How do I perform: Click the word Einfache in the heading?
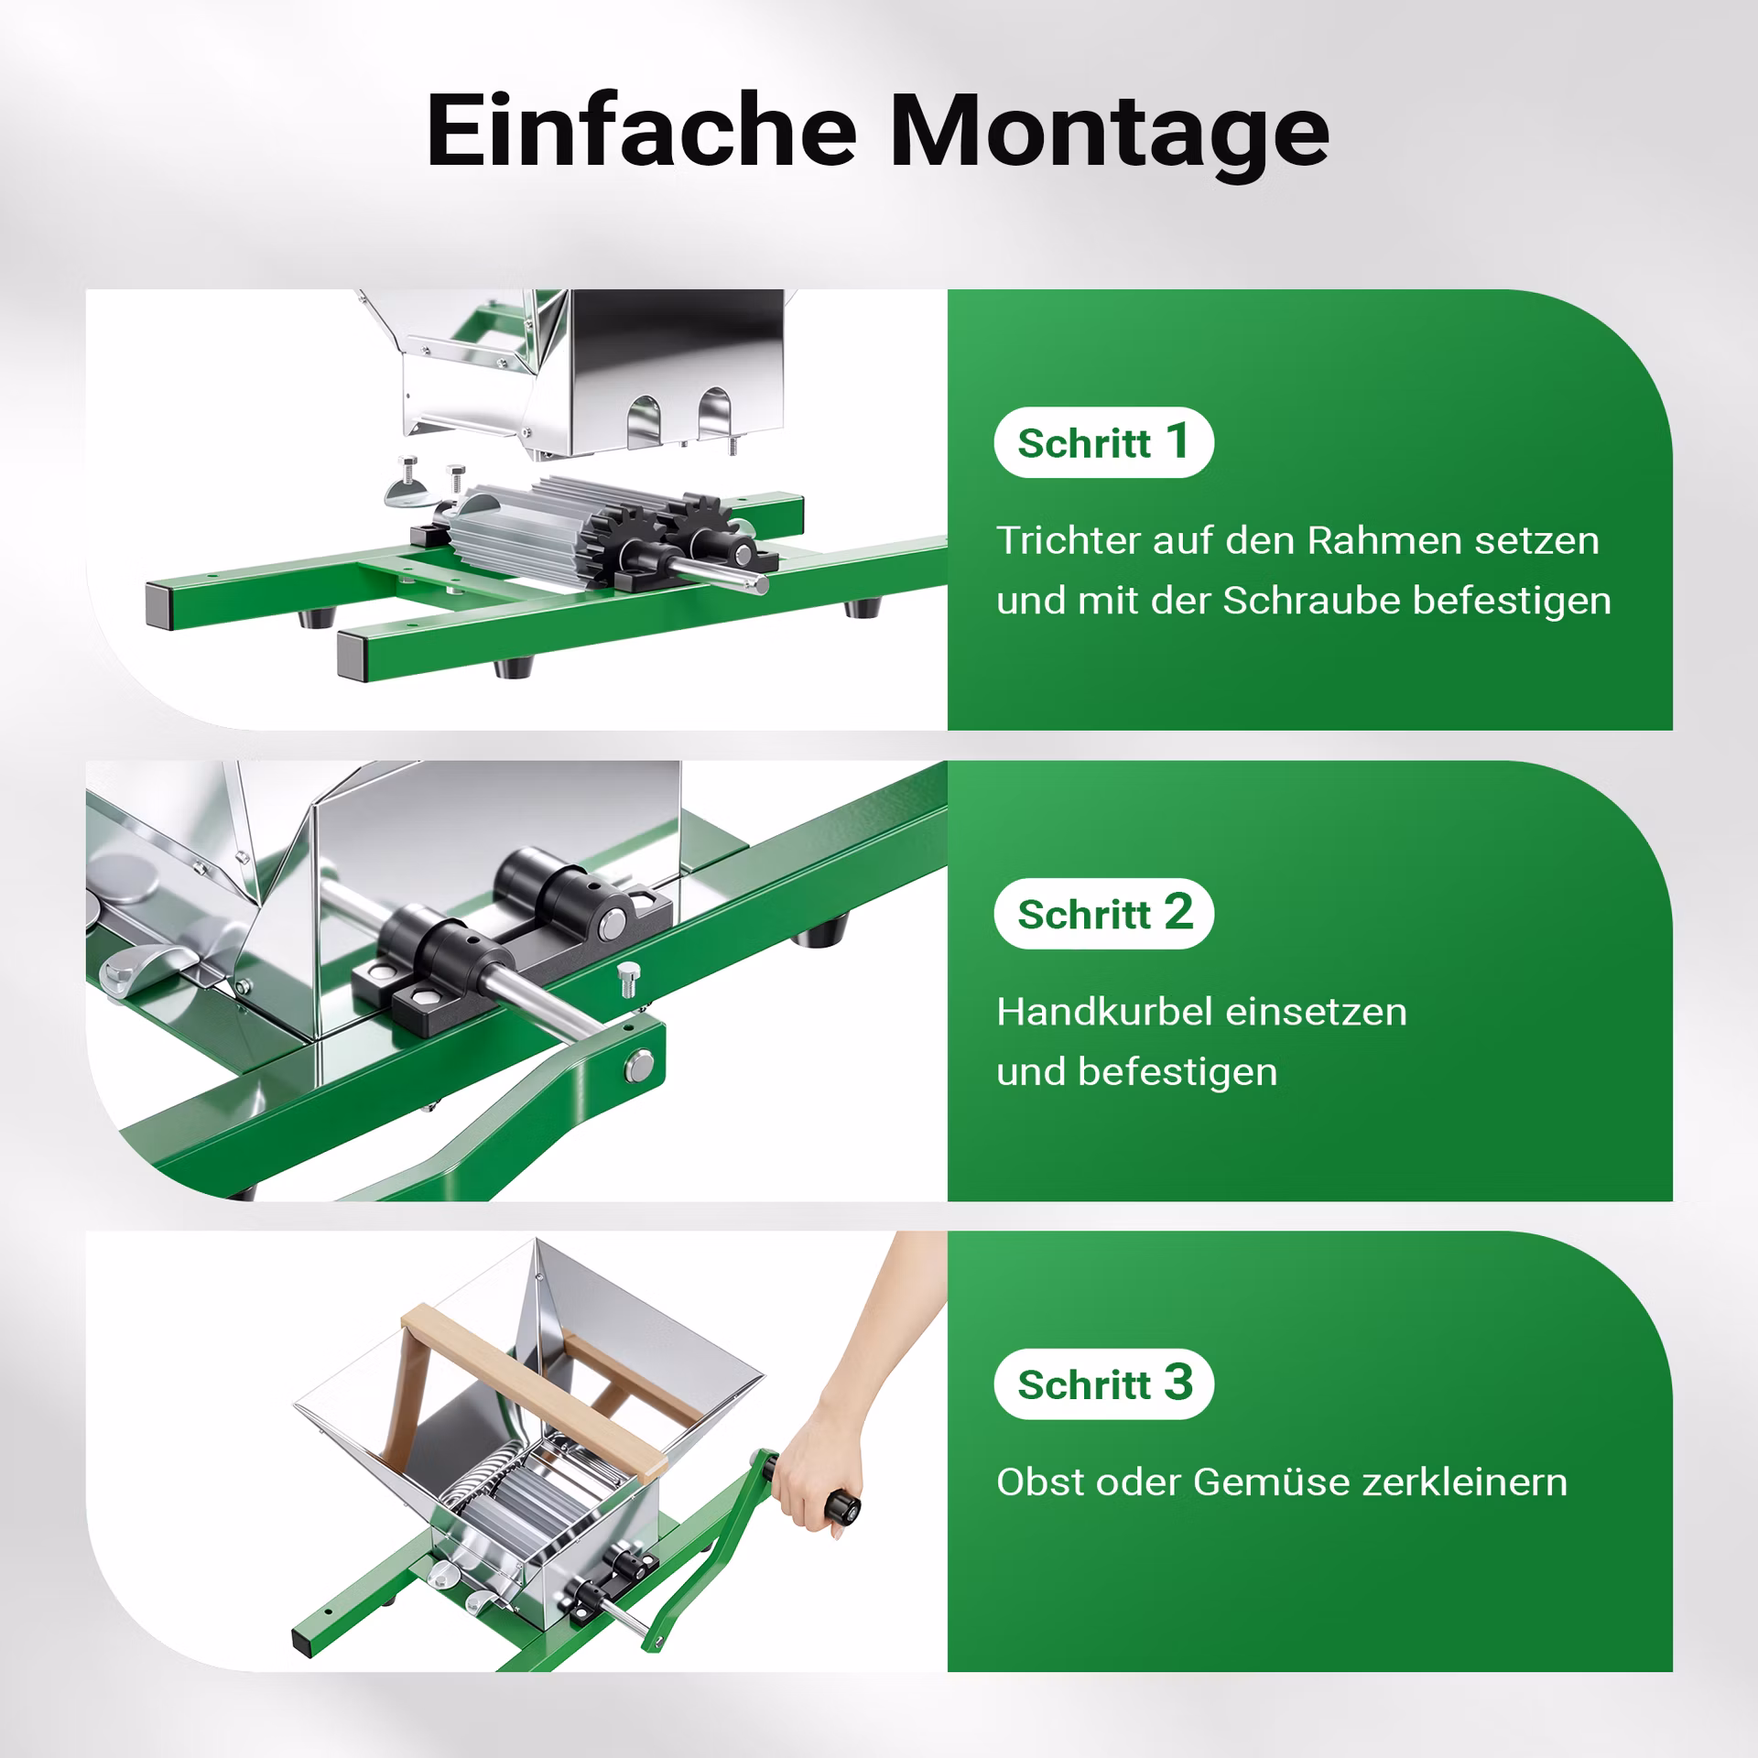pyautogui.click(x=641, y=131)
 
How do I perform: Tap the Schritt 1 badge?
pyautogui.click(x=1103, y=442)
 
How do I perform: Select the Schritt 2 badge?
pyautogui.click(x=1103, y=913)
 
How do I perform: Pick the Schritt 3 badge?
pyautogui.click(x=1103, y=1384)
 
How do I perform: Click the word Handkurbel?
pyautogui.click(x=1104, y=1012)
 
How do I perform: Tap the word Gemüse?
pyautogui.click(x=1271, y=1482)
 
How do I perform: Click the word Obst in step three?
pyautogui.click(x=1036, y=1482)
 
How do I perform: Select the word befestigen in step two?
pyautogui.click(x=1177, y=1072)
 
